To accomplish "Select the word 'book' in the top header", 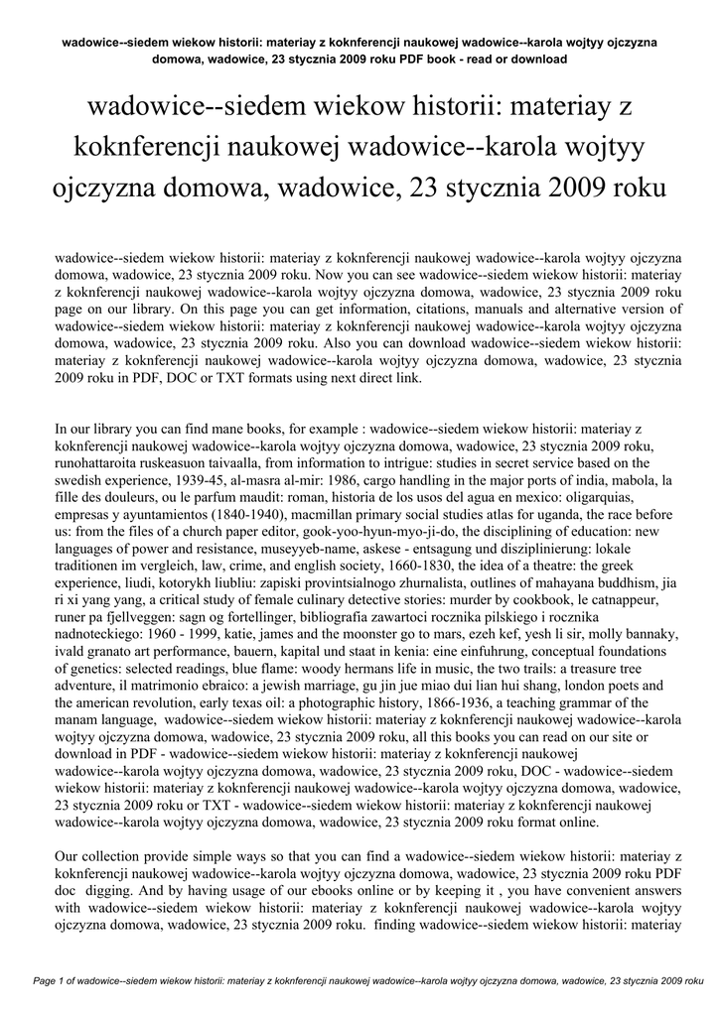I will point(433,59).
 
